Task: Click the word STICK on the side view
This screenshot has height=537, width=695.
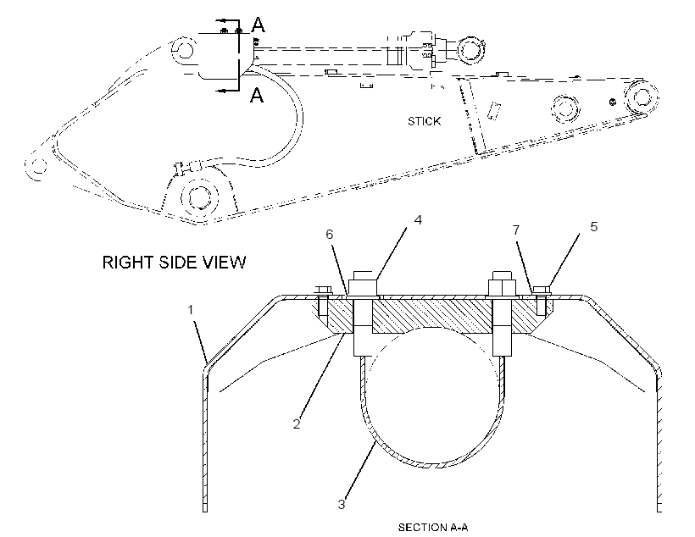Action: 424,121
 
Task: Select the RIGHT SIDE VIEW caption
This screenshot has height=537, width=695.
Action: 174,263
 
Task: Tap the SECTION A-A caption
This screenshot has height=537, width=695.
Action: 432,527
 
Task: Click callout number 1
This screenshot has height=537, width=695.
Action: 191,310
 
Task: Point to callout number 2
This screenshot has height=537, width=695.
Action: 297,424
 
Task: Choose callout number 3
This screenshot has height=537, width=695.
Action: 342,504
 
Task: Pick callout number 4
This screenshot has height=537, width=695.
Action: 418,219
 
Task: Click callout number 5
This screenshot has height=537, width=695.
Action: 593,227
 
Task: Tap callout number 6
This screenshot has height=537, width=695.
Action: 330,235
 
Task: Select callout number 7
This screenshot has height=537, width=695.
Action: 516,230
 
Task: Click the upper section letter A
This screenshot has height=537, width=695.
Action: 258,25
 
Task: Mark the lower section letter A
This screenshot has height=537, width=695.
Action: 257,95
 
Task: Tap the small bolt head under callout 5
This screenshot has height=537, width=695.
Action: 542,291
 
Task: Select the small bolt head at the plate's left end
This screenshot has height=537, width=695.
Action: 324,291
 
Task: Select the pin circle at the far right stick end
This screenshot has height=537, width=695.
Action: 641,97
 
